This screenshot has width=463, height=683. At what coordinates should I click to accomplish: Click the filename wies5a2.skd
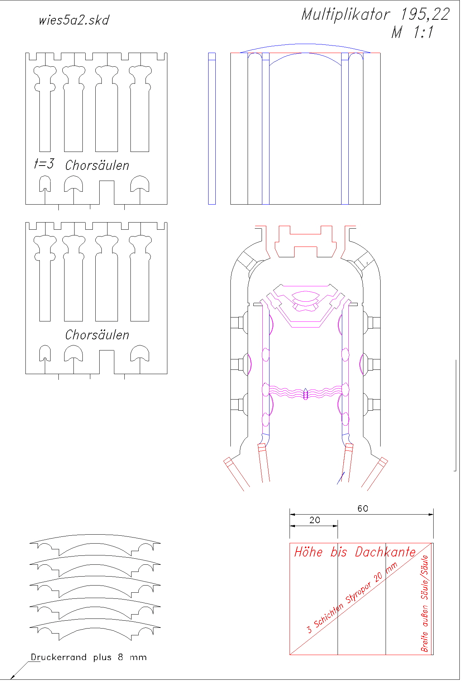click(x=74, y=20)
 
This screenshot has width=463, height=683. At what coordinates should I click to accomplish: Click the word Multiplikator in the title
click(x=345, y=15)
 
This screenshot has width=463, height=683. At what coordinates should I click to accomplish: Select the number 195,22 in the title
click(x=425, y=15)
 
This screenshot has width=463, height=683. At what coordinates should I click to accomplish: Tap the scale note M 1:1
click(x=412, y=32)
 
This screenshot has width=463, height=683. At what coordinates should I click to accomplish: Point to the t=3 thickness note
click(x=44, y=164)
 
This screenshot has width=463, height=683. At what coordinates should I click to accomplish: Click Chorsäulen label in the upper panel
click(x=97, y=165)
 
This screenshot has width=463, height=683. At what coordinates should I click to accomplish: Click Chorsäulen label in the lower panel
click(x=97, y=335)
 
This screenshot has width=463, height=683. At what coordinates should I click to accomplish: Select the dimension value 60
click(x=363, y=508)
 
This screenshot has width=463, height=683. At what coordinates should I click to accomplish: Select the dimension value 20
click(x=315, y=520)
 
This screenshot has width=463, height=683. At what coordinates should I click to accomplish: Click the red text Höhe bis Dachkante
click(x=355, y=552)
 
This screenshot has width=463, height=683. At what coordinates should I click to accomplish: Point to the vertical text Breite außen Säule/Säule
click(x=424, y=603)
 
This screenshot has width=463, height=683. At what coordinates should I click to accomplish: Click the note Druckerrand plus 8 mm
click(x=89, y=657)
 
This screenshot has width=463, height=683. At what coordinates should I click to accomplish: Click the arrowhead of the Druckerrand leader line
click(x=12, y=677)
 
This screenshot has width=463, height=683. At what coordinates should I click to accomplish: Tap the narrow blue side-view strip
click(x=212, y=129)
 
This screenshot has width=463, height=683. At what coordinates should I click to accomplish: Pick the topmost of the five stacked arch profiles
click(x=95, y=538)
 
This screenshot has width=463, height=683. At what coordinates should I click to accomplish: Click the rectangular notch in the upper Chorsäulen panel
click(x=106, y=192)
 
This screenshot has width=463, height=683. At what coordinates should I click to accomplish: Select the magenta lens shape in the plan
click(x=305, y=297)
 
